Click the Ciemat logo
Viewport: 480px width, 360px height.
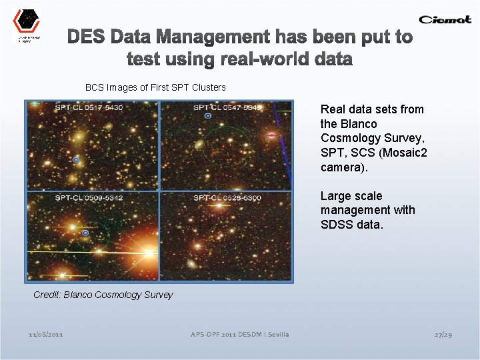[x=445, y=19]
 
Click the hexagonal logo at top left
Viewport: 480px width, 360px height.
[x=27, y=21]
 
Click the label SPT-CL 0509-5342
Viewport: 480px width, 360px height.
[x=89, y=198]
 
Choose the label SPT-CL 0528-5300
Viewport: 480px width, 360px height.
[x=227, y=198]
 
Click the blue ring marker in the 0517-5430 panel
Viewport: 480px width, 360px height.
[x=76, y=161]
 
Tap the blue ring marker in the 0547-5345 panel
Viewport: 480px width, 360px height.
[x=208, y=116]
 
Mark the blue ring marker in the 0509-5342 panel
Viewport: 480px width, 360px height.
[x=85, y=233]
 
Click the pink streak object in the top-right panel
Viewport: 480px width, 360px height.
[x=271, y=135]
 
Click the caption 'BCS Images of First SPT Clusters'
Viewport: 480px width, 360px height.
[x=155, y=87]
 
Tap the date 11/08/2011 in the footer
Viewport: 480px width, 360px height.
[x=46, y=334]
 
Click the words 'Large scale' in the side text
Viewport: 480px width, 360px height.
[x=351, y=196]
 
